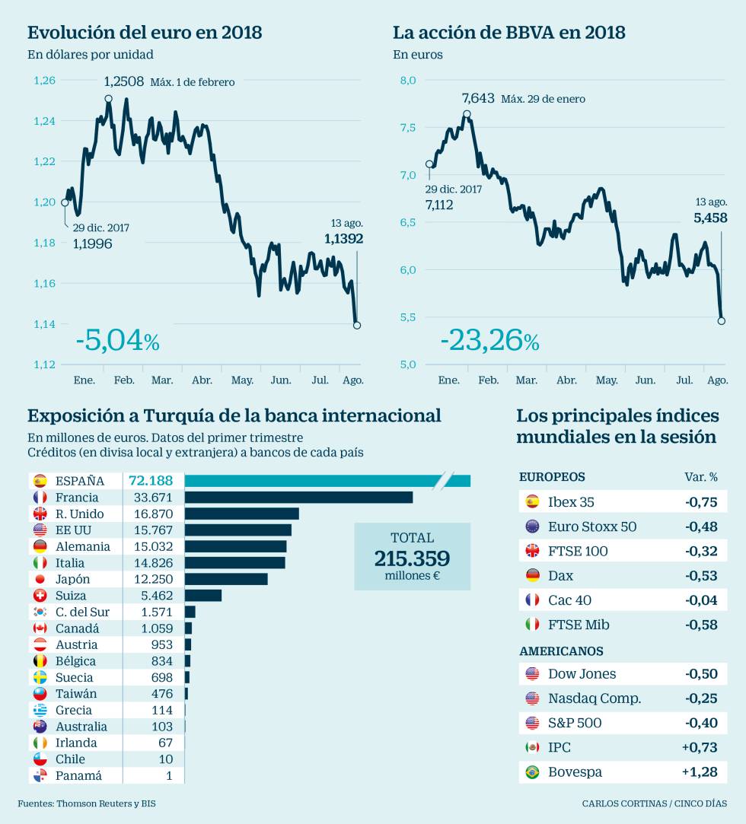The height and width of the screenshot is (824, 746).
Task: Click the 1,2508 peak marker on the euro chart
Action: [x=108, y=99]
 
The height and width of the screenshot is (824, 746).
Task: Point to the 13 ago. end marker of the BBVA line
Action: [x=722, y=321]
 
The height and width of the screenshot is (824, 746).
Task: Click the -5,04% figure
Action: [x=117, y=341]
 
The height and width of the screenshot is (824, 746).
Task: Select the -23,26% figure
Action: [x=489, y=341]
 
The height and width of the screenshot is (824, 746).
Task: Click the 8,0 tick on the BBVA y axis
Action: [x=408, y=80]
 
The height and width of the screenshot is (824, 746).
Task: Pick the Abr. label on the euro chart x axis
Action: [x=202, y=380]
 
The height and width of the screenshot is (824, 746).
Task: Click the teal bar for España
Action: [x=327, y=481]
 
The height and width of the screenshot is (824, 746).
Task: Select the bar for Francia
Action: [x=298, y=498]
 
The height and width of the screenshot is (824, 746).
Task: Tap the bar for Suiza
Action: [x=203, y=596]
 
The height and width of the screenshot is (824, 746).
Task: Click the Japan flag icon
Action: [x=40, y=580]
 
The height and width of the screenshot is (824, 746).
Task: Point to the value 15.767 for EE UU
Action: [x=155, y=530]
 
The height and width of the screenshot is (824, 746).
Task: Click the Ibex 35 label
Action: [x=571, y=502]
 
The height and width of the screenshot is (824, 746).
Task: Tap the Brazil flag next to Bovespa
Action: [x=532, y=772]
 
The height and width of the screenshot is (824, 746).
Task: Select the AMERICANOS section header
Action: [x=561, y=651]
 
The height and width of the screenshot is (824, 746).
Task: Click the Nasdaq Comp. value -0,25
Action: [x=701, y=698]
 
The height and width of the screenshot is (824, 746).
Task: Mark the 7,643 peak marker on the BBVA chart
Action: [x=467, y=115]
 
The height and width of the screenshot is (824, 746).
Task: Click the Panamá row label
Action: [x=78, y=776]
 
